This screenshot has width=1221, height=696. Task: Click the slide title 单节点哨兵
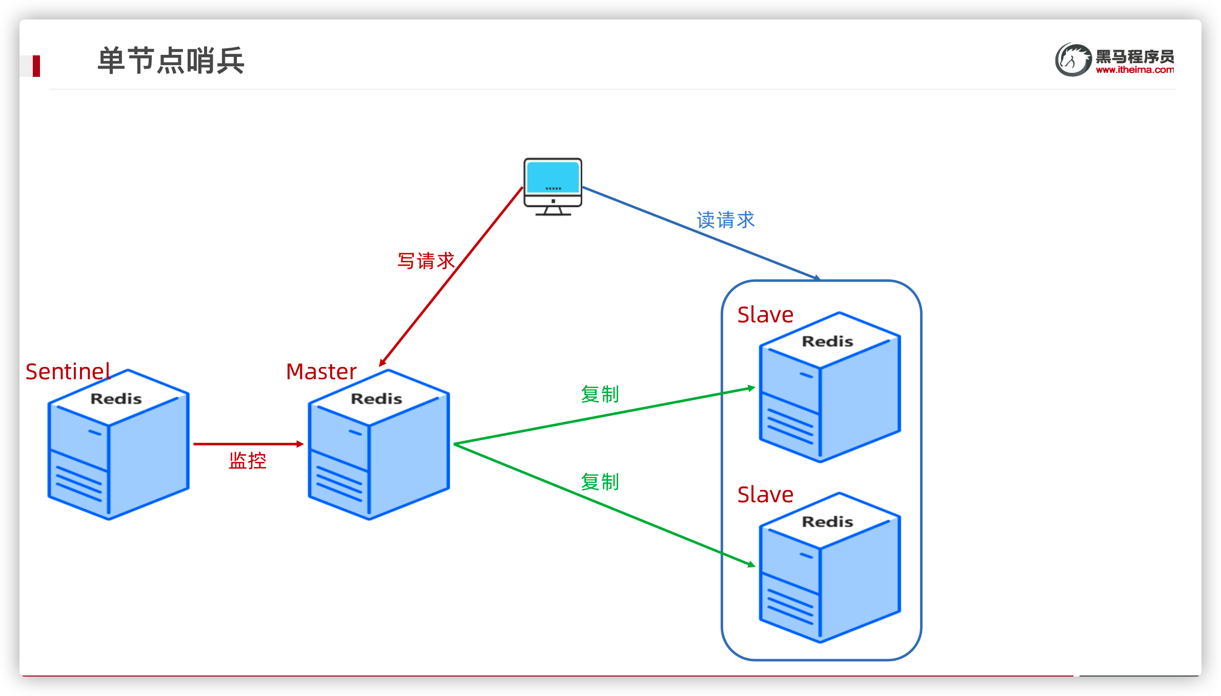(171, 60)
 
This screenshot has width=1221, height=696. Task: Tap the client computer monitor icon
(553, 186)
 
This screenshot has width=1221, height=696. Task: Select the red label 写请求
(426, 261)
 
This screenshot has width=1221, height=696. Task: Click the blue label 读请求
(725, 220)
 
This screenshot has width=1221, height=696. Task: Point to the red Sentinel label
(68, 372)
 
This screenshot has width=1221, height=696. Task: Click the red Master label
(321, 372)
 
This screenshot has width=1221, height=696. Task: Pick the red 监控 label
(248, 461)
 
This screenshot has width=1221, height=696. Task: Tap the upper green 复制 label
(600, 394)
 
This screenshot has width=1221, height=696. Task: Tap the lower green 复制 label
(600, 482)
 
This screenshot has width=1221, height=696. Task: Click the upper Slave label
(765, 315)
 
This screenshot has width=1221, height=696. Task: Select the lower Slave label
(765, 495)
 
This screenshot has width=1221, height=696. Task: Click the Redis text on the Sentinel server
(116, 399)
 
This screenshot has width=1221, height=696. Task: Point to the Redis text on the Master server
(376, 399)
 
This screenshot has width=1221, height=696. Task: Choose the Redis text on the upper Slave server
(827, 341)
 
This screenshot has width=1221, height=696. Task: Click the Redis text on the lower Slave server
(827, 522)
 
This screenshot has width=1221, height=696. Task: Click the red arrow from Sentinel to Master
(248, 444)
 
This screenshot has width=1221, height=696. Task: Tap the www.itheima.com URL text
(1134, 70)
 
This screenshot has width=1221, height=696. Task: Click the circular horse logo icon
(1073, 60)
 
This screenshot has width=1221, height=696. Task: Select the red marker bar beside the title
(36, 66)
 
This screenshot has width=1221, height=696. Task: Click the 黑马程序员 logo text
(1134, 56)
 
